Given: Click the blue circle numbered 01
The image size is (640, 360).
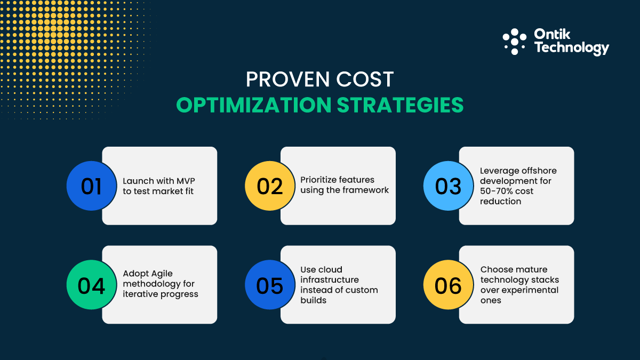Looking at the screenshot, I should click(x=91, y=186).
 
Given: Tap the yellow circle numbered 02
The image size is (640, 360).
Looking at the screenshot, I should click(x=270, y=186).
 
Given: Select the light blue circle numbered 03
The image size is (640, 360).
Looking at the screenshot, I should click(x=448, y=186).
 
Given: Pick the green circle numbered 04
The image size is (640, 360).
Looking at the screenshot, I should click(x=91, y=285).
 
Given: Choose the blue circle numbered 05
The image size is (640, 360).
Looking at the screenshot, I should click(x=270, y=285).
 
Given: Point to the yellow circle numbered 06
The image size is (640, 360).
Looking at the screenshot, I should click(x=448, y=285).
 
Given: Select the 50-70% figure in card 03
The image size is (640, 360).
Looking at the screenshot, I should click(x=498, y=191).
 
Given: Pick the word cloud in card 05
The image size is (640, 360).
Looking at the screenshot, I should click(x=331, y=269).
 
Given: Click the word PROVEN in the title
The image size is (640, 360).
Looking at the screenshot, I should click(x=281, y=79).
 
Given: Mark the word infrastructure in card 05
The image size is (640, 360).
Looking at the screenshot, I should click(x=329, y=279).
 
